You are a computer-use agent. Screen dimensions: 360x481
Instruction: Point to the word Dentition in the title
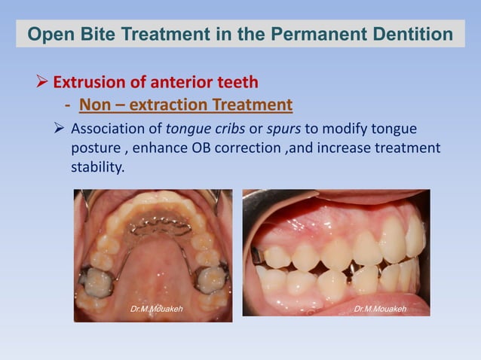point(418,35)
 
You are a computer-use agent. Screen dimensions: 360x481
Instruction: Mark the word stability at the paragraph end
point(97,166)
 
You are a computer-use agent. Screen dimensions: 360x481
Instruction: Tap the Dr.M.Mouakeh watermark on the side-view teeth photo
point(381,309)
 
